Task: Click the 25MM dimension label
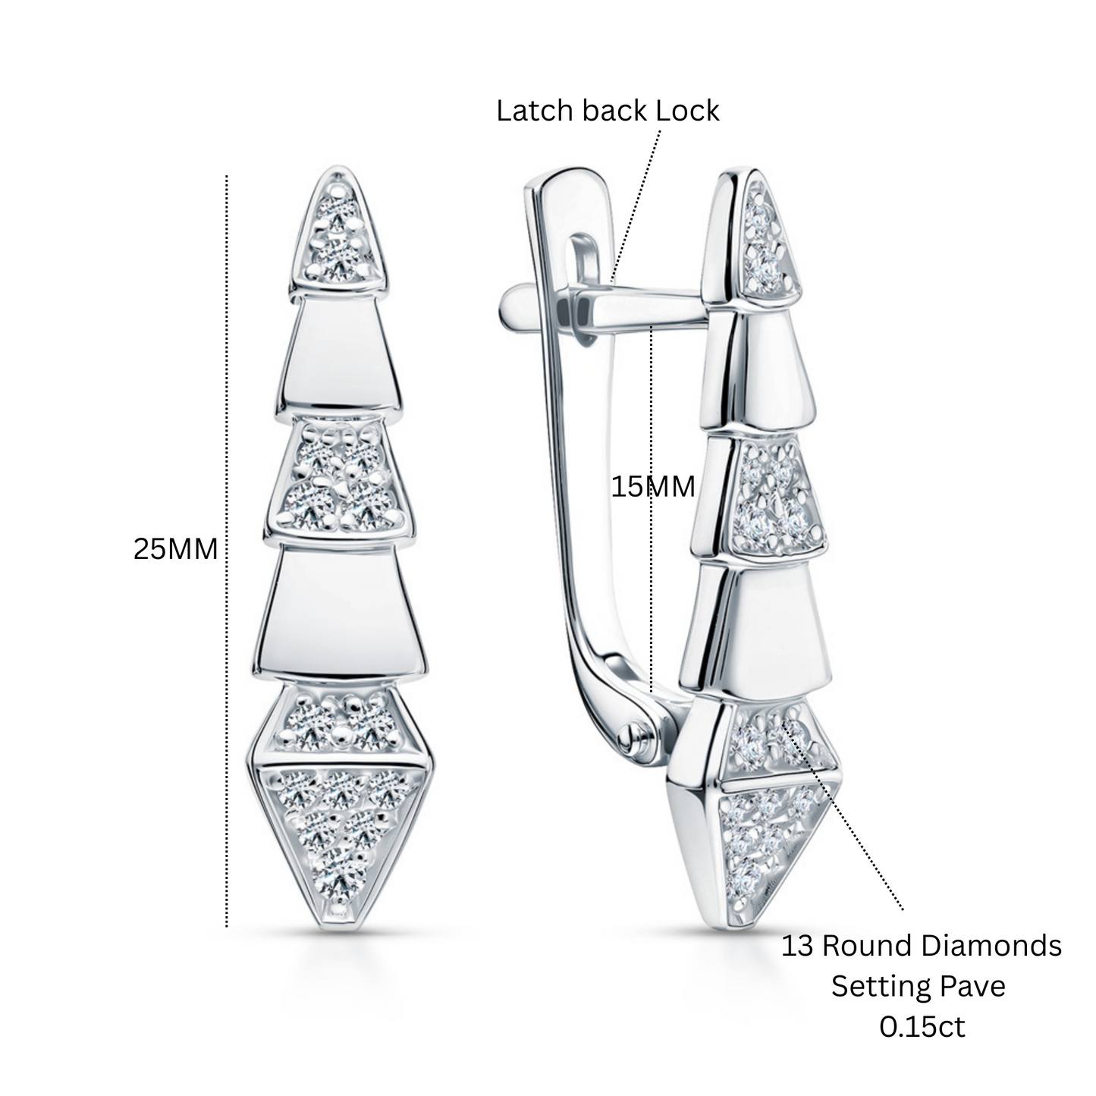pyautogui.click(x=175, y=550)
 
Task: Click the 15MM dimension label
pyautogui.click(x=653, y=487)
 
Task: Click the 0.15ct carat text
pyautogui.click(x=922, y=1027)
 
